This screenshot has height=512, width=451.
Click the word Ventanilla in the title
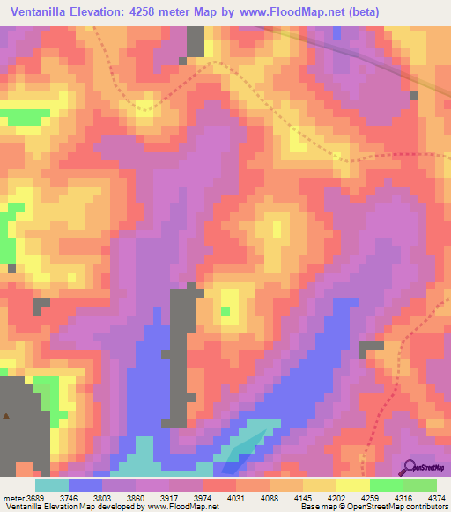(42, 12)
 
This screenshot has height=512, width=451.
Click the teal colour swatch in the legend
(51, 484)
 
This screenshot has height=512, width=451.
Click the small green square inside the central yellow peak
(226, 311)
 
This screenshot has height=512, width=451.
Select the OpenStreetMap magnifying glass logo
(411, 466)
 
